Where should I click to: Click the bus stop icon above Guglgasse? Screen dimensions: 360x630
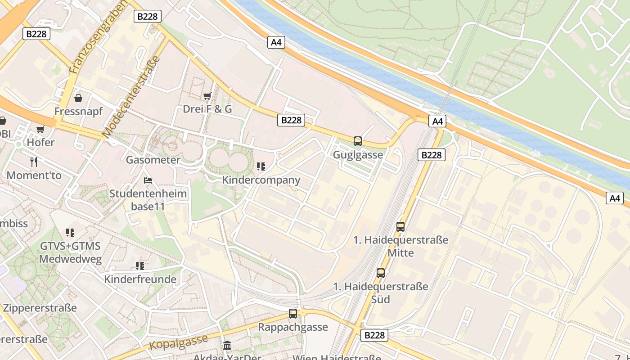358,141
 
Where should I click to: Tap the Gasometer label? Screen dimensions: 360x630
153,160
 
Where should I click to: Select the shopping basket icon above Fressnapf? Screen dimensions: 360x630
78,98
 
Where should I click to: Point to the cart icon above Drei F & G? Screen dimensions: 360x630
207,96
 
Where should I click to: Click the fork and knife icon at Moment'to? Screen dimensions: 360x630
34,162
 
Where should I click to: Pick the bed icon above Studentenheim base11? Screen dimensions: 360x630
148,180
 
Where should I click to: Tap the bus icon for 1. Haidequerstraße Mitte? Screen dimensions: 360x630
400,226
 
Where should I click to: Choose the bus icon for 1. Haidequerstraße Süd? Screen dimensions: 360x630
381,273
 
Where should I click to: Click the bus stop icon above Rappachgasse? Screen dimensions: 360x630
293,314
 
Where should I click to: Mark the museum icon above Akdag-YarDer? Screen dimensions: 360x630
227,346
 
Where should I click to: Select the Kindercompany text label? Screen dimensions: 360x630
261,180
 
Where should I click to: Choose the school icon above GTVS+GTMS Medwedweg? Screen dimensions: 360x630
70,233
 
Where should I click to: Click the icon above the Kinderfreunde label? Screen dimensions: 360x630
140,266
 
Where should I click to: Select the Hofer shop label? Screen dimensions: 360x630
40,143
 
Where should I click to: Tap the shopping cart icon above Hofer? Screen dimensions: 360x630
40,130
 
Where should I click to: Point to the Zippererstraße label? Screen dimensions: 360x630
40,308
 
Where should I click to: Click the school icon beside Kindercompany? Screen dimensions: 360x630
261,166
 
